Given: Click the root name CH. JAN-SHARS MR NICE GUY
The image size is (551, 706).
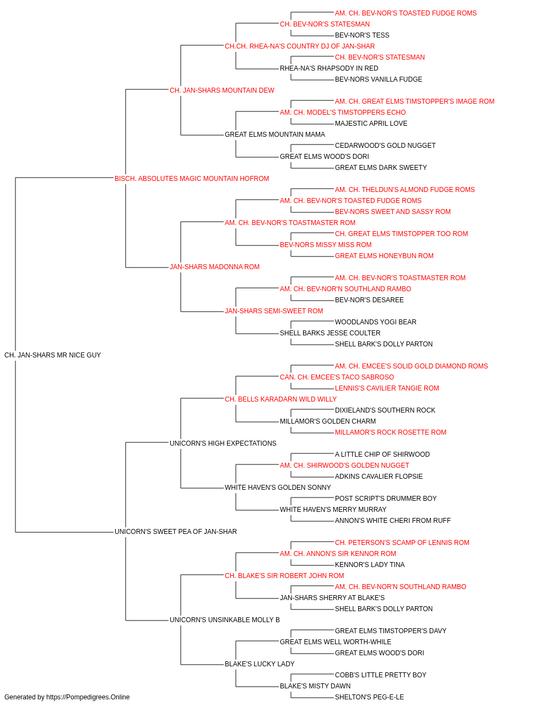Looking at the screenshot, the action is pos(52,355).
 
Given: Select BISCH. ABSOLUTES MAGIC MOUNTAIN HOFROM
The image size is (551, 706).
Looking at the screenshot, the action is pos(192,179).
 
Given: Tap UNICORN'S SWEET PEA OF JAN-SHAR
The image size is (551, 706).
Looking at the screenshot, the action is pos(176,532).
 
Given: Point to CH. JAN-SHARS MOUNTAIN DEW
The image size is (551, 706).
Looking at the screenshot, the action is pos(222,90).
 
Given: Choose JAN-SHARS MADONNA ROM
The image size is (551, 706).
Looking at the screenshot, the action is pos(214,267).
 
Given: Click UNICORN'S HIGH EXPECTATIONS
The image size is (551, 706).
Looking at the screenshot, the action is pos(223,443).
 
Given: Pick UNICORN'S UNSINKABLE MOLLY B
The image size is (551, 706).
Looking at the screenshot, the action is pos(225,620).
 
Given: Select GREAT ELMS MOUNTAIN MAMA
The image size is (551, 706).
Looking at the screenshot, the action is pos(275,135).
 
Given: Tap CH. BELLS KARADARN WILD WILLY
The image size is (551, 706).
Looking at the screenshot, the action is pos(280,399).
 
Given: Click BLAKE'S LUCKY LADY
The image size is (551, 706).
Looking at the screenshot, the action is pos(260,664).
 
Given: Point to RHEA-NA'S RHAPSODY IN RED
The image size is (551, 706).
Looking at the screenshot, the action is pos(329,68).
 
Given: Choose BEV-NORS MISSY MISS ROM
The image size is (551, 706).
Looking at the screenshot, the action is pos(326,245).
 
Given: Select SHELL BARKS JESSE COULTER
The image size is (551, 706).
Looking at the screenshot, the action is pos(330,333).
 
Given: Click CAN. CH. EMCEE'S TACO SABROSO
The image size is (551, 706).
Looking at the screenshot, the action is pos(337,377).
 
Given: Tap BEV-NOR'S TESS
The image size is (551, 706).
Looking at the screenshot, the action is pos(362,35).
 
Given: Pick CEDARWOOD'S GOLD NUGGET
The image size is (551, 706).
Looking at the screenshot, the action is pos(385,146).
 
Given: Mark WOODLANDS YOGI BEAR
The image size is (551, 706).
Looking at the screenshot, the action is pos(376,322).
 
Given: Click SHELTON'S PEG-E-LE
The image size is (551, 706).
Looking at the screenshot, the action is pos(370,697).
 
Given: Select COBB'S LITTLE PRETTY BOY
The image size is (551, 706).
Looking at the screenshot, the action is pos(381,675).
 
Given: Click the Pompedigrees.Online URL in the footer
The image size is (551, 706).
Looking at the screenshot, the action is pos(88,697).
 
